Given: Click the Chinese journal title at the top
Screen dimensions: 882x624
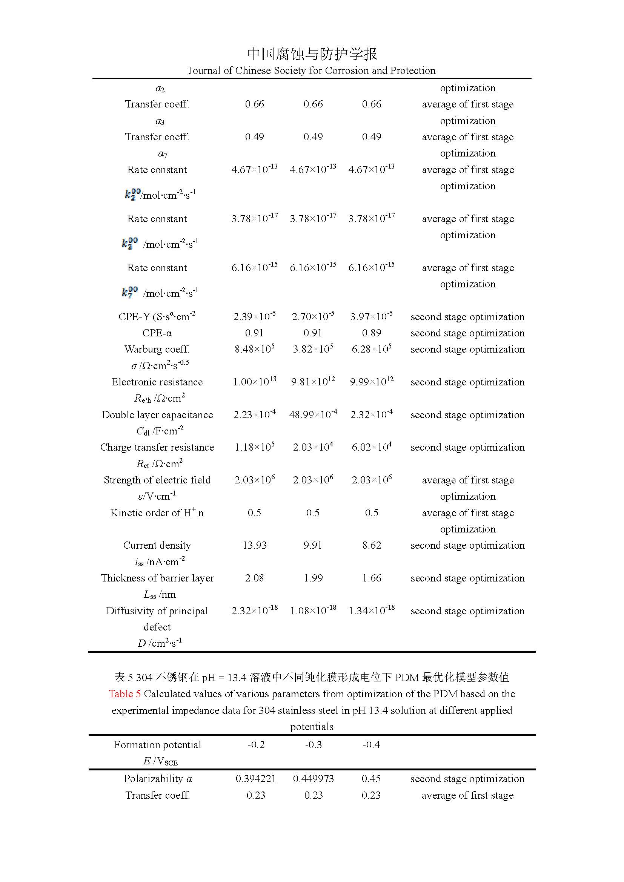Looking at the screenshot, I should point(312,54).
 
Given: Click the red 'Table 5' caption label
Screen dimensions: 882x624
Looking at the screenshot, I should point(124,694).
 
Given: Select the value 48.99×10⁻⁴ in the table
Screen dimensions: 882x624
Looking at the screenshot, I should point(313,414).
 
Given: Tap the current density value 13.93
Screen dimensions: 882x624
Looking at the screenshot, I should point(254,545).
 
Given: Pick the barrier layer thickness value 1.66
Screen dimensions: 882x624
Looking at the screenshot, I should point(372,578).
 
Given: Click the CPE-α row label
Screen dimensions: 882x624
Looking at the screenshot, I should point(157,333).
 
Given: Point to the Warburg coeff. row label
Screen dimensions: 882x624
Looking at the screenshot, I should point(157,349).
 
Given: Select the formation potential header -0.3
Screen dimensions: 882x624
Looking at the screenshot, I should point(313,744).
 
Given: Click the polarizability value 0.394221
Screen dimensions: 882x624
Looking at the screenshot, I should point(255,779).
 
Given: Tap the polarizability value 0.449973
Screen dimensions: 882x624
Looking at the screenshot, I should point(313,779).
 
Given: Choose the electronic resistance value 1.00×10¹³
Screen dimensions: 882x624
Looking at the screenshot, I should point(254,382).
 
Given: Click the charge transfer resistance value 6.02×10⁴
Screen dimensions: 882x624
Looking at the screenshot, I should point(372,447).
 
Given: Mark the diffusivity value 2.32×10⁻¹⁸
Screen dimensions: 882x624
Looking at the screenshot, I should point(254,611).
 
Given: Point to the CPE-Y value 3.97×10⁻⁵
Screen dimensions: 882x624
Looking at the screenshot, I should point(372,316).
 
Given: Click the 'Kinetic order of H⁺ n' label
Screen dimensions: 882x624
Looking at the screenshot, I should point(157,513).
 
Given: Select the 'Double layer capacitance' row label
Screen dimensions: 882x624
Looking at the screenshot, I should point(157,414).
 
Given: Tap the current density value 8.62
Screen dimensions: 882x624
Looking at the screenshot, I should point(372,545).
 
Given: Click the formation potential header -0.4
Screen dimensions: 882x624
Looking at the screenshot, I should point(371,744).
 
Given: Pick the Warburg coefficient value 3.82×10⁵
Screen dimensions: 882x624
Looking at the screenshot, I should point(313,349).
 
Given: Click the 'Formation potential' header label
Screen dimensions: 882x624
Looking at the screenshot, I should point(158,744).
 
